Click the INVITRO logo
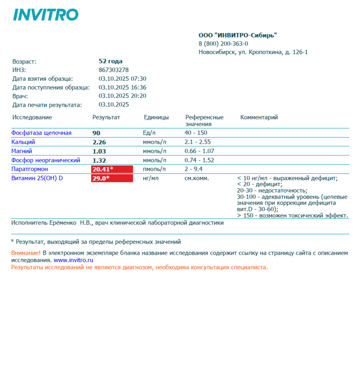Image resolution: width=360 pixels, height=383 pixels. (x=46, y=15)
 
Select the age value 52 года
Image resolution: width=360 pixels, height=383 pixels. (x=110, y=61)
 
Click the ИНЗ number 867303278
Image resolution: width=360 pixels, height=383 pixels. (x=114, y=70)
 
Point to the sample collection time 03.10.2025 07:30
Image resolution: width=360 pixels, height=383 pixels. (x=122, y=79)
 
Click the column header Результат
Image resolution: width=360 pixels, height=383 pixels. (x=106, y=117)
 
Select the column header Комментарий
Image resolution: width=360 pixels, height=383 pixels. (x=259, y=117)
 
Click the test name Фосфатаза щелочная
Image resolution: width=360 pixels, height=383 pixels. (x=41, y=133)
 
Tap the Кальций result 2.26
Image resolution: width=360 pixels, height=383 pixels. (x=99, y=142)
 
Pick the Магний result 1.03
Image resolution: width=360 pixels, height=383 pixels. (x=99, y=151)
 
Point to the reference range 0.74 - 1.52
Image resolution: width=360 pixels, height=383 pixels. (x=199, y=160)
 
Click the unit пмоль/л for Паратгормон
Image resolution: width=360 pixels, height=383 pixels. (x=154, y=169)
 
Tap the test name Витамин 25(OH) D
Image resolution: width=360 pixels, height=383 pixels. (x=37, y=179)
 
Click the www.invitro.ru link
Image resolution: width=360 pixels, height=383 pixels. (x=73, y=260)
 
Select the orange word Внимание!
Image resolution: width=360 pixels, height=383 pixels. (x=26, y=253)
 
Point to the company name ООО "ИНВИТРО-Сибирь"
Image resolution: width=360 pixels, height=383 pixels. (x=238, y=35)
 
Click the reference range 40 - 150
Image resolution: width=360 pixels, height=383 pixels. (x=196, y=133)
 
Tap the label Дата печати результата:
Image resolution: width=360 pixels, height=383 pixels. (x=47, y=105)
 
